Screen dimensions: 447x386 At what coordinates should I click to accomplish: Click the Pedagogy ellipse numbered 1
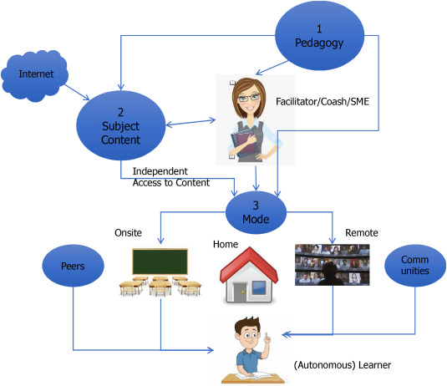(319, 36)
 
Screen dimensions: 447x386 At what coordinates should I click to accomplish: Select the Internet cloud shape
(35, 75)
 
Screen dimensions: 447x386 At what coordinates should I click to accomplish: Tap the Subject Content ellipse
(120, 125)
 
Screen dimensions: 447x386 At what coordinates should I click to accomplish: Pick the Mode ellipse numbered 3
(256, 212)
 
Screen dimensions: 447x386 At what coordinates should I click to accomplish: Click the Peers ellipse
(73, 266)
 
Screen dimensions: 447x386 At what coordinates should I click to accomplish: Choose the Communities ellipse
(415, 266)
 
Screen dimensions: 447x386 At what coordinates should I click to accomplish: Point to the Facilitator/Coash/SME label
(323, 101)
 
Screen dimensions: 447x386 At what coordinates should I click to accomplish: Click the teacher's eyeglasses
(249, 98)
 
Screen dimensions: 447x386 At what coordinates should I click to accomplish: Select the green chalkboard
(160, 262)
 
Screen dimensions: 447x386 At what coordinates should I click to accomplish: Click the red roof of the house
(249, 265)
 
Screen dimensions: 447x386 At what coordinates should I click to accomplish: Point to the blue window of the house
(259, 287)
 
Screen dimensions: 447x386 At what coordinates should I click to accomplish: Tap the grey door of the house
(240, 292)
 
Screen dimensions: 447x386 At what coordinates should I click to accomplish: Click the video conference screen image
(332, 265)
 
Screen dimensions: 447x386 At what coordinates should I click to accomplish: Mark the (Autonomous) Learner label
(343, 365)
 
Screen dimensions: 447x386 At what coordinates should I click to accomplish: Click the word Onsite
(129, 233)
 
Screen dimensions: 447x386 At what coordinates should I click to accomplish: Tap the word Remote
(362, 233)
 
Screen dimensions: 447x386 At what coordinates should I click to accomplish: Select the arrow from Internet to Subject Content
(77, 92)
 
